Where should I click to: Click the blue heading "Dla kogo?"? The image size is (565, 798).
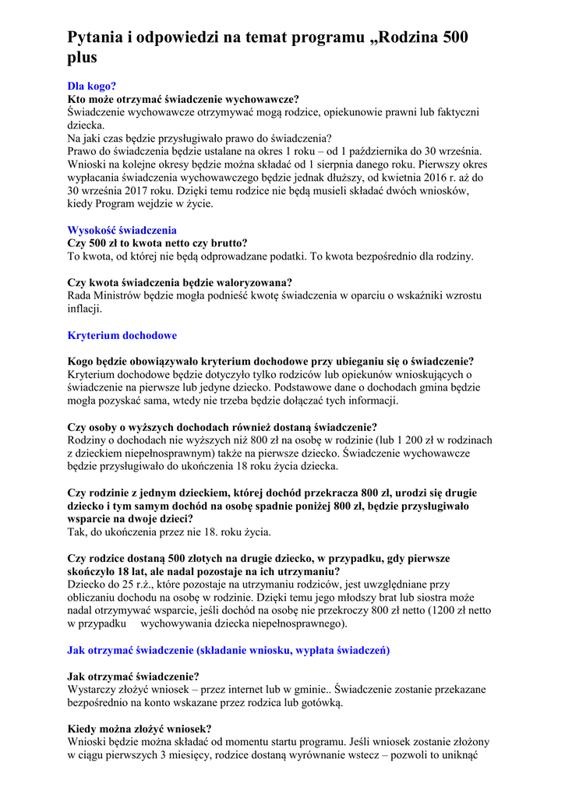click(x=92, y=87)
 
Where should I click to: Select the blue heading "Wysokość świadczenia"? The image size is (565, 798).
click(x=122, y=230)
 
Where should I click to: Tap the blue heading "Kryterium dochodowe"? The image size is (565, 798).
click(x=122, y=335)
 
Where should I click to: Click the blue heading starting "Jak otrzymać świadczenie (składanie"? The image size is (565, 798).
click(x=228, y=650)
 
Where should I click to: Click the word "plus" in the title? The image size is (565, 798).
click(x=82, y=57)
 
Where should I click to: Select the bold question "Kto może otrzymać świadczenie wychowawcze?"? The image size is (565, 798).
click(x=183, y=99)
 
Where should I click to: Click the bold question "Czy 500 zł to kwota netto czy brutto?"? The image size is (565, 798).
click(x=157, y=243)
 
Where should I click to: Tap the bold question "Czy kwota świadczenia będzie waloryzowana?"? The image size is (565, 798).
click(x=180, y=282)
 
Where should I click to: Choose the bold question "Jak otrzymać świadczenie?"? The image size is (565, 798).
click(x=133, y=676)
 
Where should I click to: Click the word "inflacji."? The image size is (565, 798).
click(x=85, y=309)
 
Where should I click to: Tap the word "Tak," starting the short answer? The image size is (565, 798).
click(x=77, y=531)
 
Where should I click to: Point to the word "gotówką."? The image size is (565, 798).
click(x=320, y=702)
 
